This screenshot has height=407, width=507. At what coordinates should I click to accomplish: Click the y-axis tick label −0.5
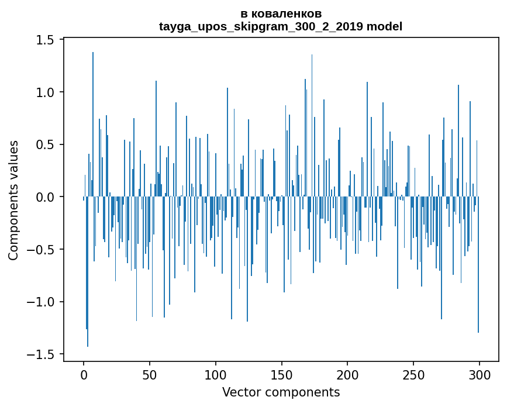coord(42,250)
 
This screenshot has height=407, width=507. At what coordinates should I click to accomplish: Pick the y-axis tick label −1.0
coord(42,302)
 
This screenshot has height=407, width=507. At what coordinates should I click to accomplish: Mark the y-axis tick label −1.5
coord(42,354)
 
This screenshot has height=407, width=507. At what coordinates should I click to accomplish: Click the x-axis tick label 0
coord(84,374)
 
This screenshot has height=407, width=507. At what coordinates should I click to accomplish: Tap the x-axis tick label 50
coord(150,374)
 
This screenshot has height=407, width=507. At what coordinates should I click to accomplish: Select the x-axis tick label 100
coord(216,374)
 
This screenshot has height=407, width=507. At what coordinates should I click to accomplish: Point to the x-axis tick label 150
coord(282,374)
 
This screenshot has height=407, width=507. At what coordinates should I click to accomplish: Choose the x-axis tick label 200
coord(348,374)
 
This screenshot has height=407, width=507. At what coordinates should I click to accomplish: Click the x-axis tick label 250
coord(413,374)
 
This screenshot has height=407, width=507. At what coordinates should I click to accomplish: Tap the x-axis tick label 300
coord(480,374)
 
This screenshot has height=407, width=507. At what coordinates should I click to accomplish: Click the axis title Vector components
coord(281,392)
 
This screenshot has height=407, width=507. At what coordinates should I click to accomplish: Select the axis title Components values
coord(13,200)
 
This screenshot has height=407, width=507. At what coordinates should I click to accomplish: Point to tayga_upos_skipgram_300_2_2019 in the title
coord(260,26)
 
